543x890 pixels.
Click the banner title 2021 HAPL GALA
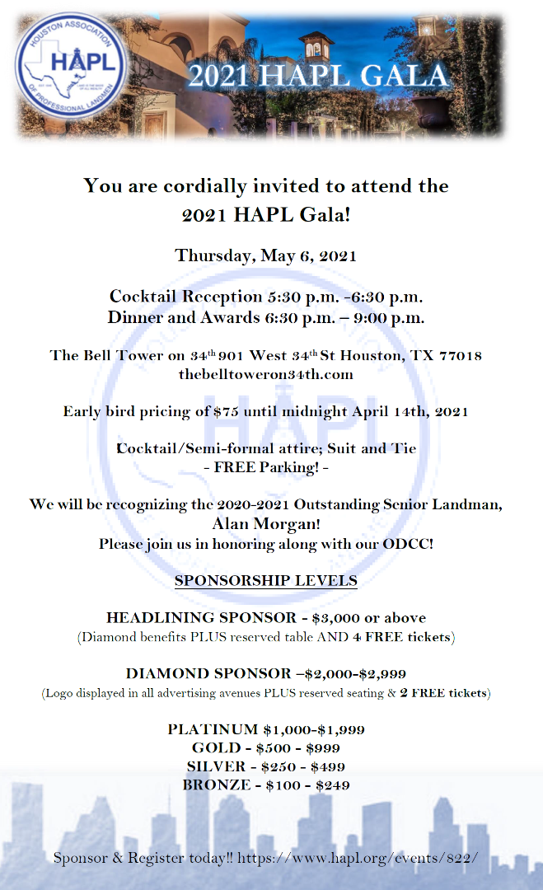[x=318, y=76]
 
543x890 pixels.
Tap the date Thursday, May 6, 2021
[x=265, y=255]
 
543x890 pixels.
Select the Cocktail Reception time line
[x=266, y=297]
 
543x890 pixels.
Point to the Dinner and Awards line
[x=266, y=316]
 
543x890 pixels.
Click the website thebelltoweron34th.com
[x=265, y=375]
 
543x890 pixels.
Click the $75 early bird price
[x=225, y=411]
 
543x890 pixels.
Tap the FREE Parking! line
[x=266, y=466]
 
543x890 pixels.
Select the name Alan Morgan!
[x=265, y=524]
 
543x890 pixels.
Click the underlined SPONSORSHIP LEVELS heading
[x=265, y=581]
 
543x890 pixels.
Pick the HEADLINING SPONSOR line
[x=266, y=617]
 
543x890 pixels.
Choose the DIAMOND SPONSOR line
[x=266, y=673]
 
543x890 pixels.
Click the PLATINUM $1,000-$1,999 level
[x=266, y=729]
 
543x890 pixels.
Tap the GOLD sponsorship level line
[x=266, y=748]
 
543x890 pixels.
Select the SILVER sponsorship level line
[x=266, y=766]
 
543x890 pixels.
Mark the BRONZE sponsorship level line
[x=266, y=785]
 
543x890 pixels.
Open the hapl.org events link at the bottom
[x=358, y=858]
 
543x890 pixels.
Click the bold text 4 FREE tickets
[x=401, y=636]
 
